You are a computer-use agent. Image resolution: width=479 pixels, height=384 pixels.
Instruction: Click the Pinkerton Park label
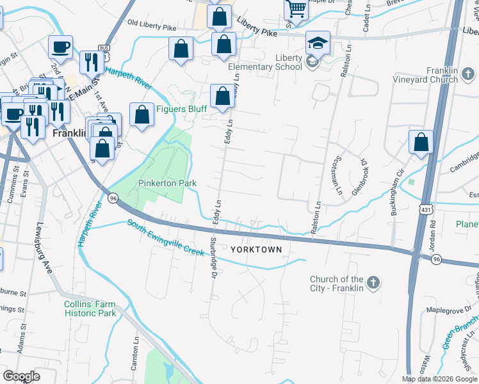tap(167, 183)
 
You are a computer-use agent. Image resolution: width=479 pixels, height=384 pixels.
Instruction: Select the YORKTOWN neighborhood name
tap(256, 250)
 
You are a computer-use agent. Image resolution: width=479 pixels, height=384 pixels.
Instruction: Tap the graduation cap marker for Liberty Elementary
tap(318, 43)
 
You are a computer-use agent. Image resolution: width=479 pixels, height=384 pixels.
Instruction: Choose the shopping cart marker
tap(296, 9)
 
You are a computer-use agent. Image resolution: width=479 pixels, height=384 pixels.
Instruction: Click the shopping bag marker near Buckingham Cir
tap(421, 142)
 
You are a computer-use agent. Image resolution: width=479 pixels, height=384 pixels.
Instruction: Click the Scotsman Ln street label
tap(334, 175)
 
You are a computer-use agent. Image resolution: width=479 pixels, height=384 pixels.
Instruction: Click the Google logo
tap(20, 376)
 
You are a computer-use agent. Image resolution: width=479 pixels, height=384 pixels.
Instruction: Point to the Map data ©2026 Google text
tap(439, 379)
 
